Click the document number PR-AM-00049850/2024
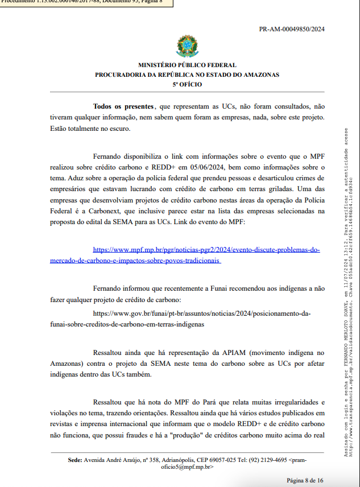tap(292, 29)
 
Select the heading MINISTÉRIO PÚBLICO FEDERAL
tap(187, 65)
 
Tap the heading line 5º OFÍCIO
tap(187, 84)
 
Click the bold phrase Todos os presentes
tap(123, 106)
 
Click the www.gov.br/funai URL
tap(202, 313)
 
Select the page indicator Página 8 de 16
tap(305, 480)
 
